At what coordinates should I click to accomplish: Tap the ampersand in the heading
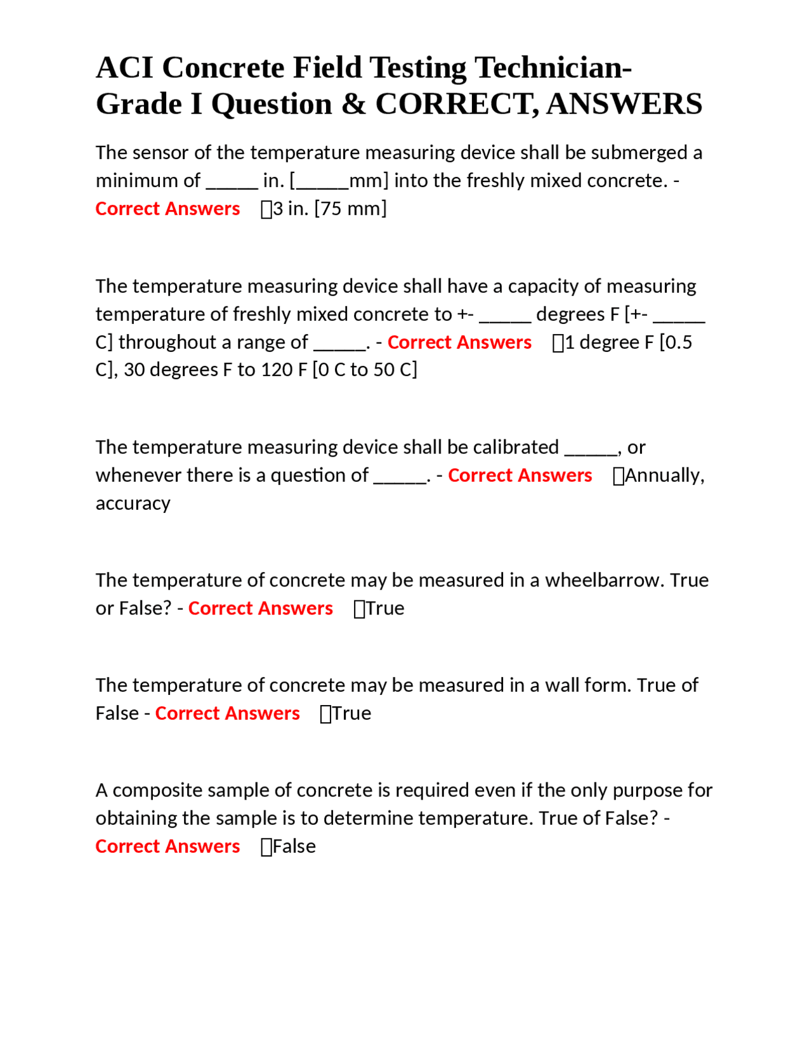353,105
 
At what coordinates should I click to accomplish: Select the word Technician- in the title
553,68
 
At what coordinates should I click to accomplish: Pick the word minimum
148,181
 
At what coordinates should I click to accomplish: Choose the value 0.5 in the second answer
679,342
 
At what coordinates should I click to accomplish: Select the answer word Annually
664,476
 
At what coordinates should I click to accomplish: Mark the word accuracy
133,503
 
